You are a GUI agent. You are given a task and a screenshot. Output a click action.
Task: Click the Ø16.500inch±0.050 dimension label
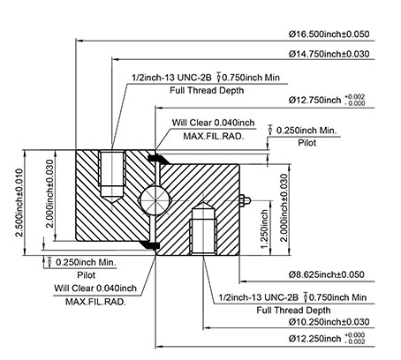pos(329,34)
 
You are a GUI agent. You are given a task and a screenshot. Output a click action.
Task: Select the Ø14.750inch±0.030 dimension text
pos(329,54)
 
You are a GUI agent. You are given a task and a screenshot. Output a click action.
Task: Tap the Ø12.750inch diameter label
pos(314,100)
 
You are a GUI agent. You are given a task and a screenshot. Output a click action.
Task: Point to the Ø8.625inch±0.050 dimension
pos(327,274)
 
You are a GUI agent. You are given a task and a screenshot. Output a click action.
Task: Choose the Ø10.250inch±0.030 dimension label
pos(329,322)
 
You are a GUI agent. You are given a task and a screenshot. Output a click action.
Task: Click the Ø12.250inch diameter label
pos(314,339)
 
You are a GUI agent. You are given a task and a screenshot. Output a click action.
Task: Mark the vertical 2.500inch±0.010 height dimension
pos(19,203)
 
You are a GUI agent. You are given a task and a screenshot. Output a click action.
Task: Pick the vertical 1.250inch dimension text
pos(265,229)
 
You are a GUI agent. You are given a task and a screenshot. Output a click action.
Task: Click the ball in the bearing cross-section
pos(155,200)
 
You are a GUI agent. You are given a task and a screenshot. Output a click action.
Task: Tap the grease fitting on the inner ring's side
pos(245,200)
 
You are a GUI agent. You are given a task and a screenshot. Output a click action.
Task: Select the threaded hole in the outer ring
pos(112,176)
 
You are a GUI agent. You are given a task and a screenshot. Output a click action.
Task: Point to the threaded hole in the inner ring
pos(204,229)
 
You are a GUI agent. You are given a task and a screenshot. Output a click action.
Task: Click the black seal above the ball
pos(158,159)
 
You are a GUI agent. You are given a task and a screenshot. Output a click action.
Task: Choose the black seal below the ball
pos(149,245)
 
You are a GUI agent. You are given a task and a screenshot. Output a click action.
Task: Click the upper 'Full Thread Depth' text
pos(207,90)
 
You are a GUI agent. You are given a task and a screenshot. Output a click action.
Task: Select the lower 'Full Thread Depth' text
pos(293,311)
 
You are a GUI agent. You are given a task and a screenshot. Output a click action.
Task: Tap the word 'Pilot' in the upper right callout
pos(307,143)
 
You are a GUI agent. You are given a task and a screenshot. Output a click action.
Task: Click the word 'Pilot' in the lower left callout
pos(87,275)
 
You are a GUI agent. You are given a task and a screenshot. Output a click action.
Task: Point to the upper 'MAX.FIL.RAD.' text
pos(214,136)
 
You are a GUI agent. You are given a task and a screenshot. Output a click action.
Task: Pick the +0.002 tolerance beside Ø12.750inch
pos(354,97)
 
